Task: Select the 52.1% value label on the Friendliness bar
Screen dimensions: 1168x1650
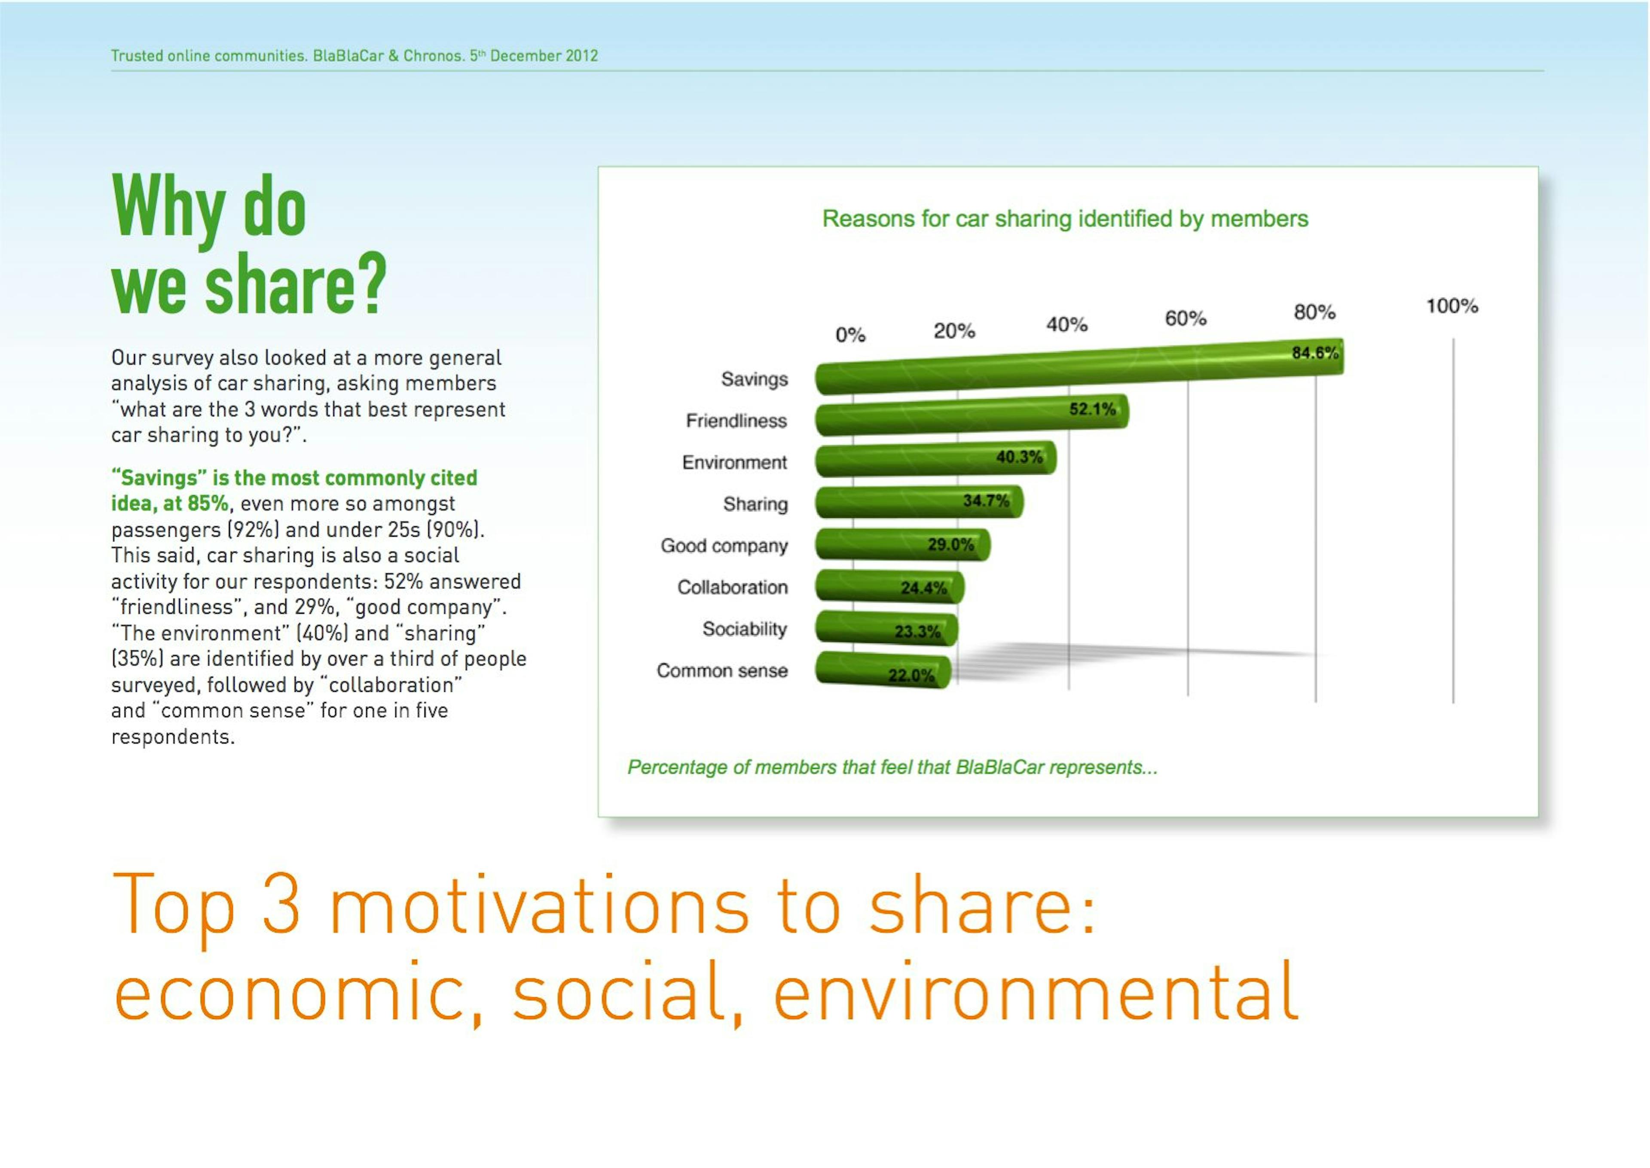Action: pyautogui.click(x=1091, y=409)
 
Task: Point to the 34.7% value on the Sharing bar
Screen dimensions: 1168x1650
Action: pyautogui.click(x=986, y=501)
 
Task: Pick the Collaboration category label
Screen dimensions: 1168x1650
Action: pyautogui.click(x=732, y=587)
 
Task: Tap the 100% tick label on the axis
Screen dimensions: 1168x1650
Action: pyautogui.click(x=1451, y=306)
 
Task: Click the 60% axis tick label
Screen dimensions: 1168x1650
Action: pyautogui.click(x=1185, y=318)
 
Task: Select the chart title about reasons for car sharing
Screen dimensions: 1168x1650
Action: pyautogui.click(x=1065, y=219)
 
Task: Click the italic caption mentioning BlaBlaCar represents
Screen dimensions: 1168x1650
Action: pyautogui.click(x=892, y=767)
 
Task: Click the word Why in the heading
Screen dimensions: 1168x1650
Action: pyautogui.click(x=169, y=207)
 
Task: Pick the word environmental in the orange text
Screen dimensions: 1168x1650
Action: pyautogui.click(x=1035, y=993)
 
